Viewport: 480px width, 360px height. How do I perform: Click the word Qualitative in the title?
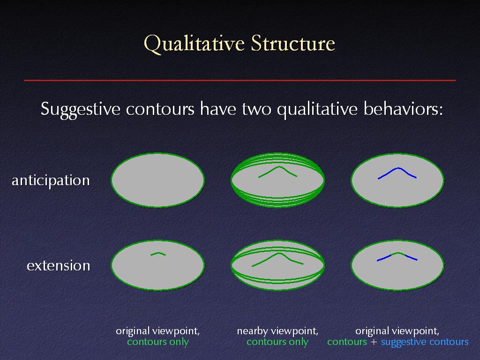click(x=194, y=44)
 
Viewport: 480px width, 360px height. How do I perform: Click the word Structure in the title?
click(x=293, y=43)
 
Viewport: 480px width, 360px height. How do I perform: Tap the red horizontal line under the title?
click(x=240, y=80)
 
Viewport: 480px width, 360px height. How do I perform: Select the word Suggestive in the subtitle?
click(x=81, y=109)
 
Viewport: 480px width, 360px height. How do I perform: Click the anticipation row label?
click(x=51, y=180)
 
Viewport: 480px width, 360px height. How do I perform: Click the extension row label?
click(x=59, y=265)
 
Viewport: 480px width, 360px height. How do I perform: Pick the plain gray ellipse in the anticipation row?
click(x=157, y=180)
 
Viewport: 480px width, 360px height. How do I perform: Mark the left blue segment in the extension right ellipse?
click(x=384, y=258)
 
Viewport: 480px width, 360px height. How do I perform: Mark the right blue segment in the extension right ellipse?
click(x=411, y=257)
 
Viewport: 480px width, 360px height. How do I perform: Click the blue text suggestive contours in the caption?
click(x=425, y=342)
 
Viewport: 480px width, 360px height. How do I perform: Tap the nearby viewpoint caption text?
click(x=277, y=331)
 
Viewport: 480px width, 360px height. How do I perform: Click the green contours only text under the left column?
click(x=158, y=342)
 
